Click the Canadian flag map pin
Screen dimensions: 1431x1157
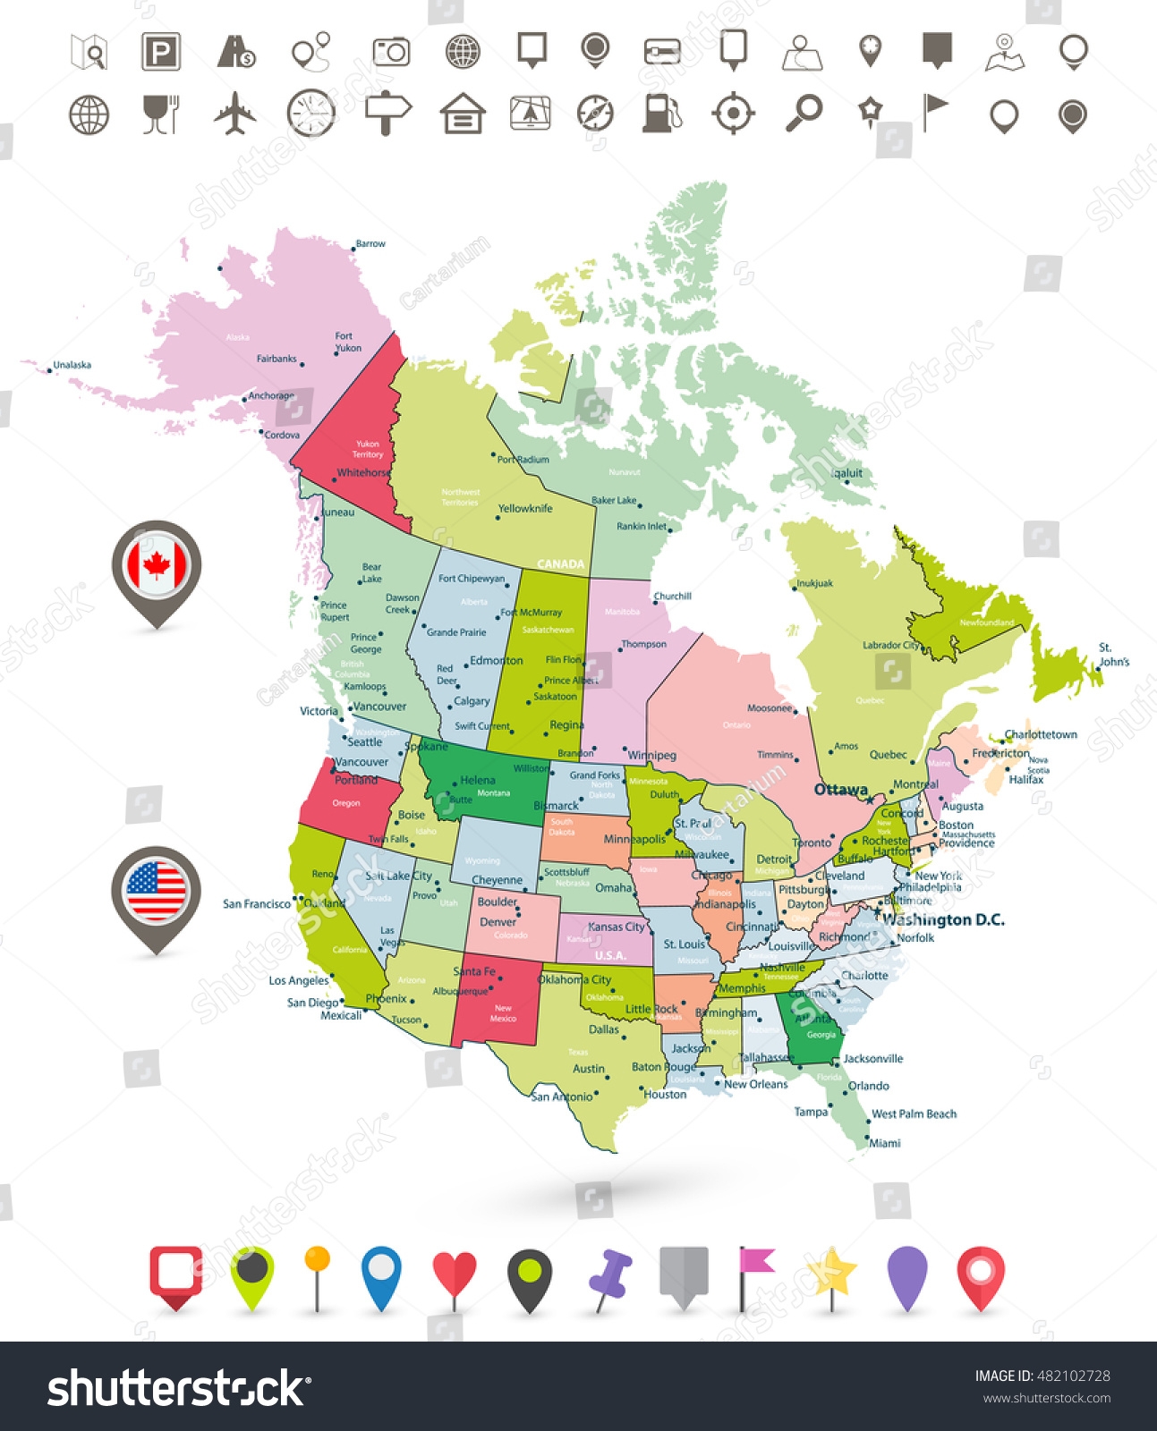click(157, 566)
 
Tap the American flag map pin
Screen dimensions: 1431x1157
click(157, 891)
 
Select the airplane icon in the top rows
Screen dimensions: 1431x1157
click(235, 114)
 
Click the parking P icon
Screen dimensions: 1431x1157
click(161, 52)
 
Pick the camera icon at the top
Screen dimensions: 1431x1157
click(391, 52)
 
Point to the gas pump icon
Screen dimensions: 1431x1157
click(661, 114)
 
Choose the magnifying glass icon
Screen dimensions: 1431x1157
click(804, 114)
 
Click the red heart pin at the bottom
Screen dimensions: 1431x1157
click(455, 1274)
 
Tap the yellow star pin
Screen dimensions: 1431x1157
click(833, 1272)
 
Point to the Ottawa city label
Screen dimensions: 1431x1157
click(840, 790)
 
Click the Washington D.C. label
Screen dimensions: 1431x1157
click(943, 919)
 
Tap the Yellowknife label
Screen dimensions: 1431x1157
click(525, 509)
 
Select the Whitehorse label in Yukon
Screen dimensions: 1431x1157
click(363, 473)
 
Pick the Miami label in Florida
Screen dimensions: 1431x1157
click(885, 1143)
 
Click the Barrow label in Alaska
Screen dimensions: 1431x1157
click(370, 243)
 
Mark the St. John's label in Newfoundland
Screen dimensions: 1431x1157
click(1114, 655)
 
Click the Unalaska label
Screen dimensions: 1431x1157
click(72, 365)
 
